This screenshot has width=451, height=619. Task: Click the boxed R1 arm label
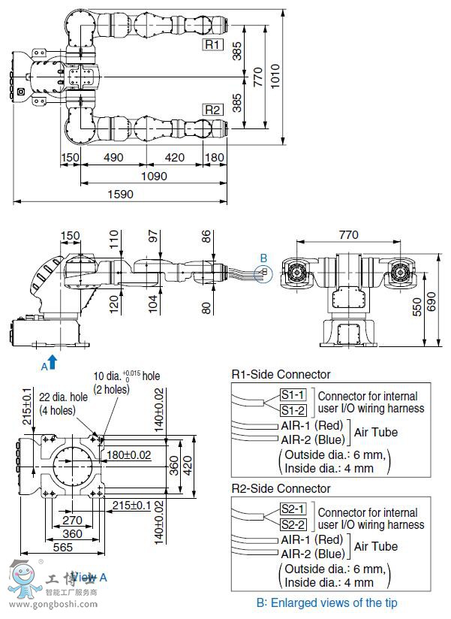click(x=213, y=45)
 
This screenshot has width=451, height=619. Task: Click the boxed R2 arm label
click(x=213, y=110)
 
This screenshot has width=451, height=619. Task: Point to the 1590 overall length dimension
click(x=119, y=194)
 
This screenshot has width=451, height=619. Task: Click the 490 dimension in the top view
click(x=113, y=158)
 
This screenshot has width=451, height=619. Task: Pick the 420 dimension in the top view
click(x=174, y=158)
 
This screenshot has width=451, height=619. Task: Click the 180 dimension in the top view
click(x=215, y=158)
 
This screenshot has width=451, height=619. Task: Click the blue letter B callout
click(x=263, y=258)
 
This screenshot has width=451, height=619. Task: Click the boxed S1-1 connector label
click(x=293, y=395)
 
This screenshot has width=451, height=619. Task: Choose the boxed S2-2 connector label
click(x=293, y=524)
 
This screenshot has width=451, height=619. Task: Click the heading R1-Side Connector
click(x=281, y=374)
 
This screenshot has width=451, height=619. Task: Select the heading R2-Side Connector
click(x=281, y=488)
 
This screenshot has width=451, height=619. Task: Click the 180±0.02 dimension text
click(x=130, y=455)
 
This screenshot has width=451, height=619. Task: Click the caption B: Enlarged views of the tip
click(x=327, y=602)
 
